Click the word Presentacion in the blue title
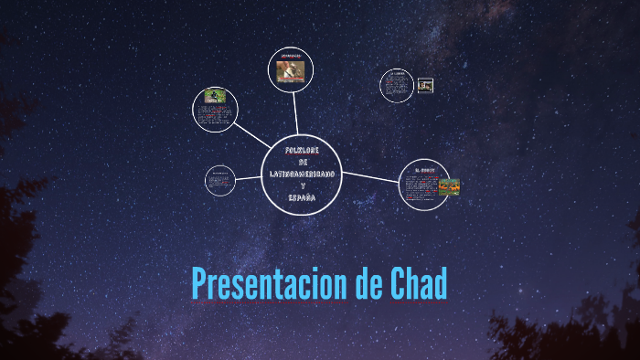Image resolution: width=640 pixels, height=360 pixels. tap(267, 285)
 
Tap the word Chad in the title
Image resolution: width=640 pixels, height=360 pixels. tap(417, 285)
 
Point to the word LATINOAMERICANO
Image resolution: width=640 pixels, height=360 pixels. tap(302, 174)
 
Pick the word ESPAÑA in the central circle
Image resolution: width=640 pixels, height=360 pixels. tap(302, 197)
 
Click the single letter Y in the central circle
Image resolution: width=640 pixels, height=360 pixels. tap(302, 185)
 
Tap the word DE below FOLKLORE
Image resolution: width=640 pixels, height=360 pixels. tap(302, 162)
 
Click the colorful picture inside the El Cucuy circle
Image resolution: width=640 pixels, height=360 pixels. tap(449, 186)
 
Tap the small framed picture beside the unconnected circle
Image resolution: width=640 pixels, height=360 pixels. tap(425, 85)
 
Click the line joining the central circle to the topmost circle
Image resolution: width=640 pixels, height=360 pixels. tap(296, 116)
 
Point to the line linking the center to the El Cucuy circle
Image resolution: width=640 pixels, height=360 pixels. tap(371, 176)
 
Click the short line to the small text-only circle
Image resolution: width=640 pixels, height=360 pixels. tap(249, 178)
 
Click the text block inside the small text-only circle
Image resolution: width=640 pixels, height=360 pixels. tap(219, 182)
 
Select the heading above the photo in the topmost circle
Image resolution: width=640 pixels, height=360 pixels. tap(292, 55)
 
